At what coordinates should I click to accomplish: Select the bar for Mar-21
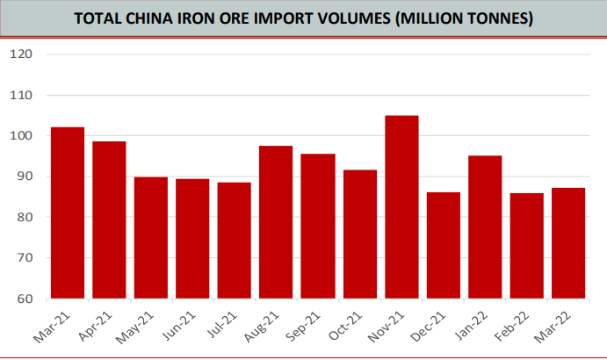(x=68, y=213)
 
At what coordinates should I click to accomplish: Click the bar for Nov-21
(x=402, y=207)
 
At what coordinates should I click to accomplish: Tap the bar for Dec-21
(x=444, y=246)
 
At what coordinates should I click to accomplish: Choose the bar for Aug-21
(x=277, y=222)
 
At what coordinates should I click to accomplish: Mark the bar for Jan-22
(x=485, y=227)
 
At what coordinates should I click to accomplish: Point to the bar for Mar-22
(x=569, y=243)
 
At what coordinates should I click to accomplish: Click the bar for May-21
(x=151, y=238)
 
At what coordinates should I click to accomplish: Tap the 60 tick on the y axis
(x=24, y=299)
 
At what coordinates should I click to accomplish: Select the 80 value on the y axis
(x=24, y=218)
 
